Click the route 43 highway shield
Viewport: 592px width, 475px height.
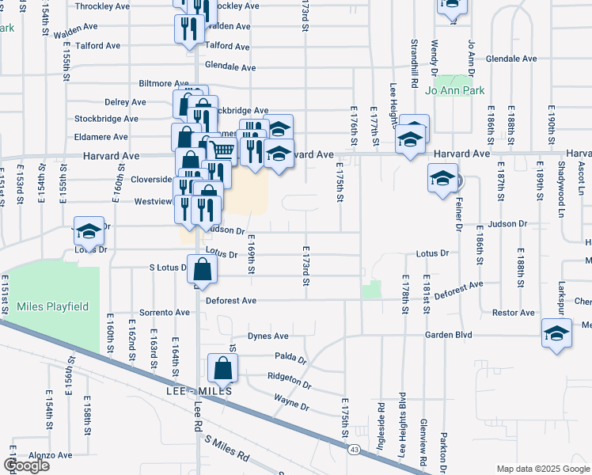(x=351, y=450)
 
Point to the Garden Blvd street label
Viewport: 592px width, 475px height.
(x=448, y=335)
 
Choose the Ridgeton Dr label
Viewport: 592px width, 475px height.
(x=289, y=382)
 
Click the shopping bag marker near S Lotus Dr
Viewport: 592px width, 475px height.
(x=203, y=269)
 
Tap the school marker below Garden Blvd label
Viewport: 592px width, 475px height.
(x=556, y=333)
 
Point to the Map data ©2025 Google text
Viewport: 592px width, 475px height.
(x=542, y=469)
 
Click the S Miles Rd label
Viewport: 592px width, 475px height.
(x=226, y=450)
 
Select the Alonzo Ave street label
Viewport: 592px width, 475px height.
(x=51, y=456)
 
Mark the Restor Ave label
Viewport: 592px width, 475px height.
(x=513, y=313)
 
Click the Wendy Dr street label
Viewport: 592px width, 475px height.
(x=434, y=54)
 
